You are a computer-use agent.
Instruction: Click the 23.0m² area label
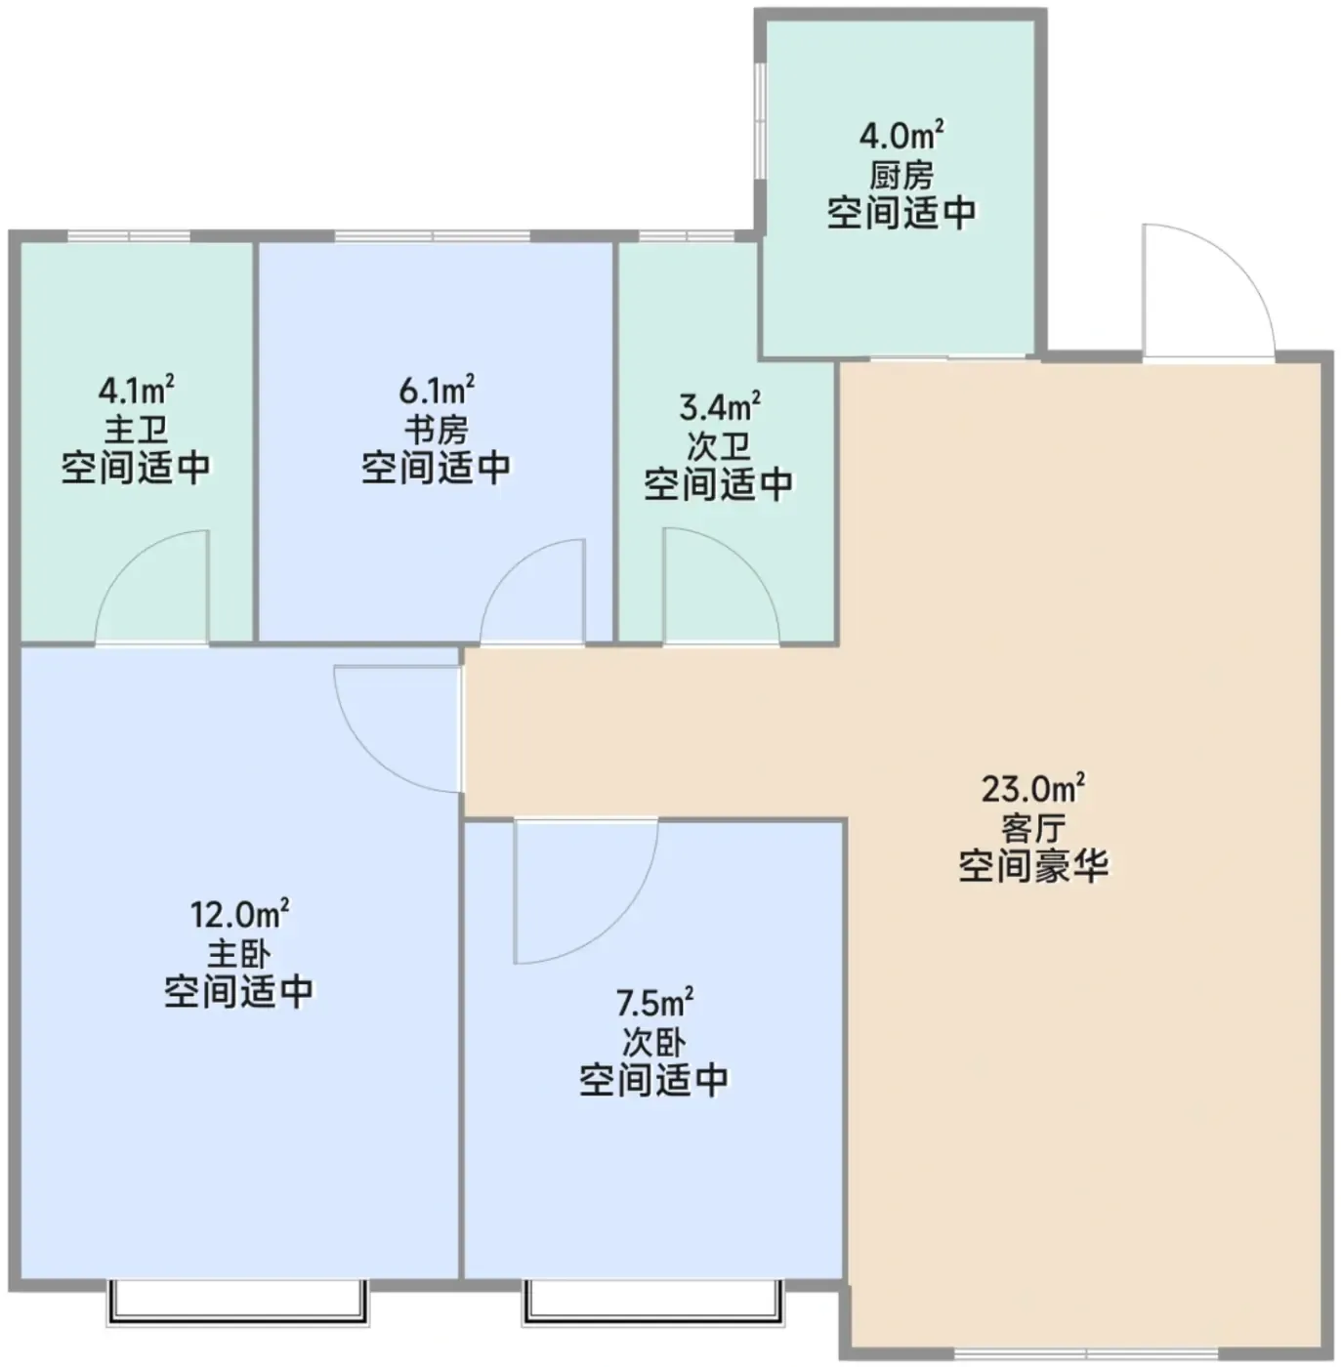(x=1033, y=789)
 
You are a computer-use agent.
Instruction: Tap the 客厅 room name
(x=1033, y=827)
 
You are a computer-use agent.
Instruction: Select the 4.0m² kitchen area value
(x=901, y=136)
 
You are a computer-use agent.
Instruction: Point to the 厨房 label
(x=901, y=175)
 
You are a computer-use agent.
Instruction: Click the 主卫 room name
(x=137, y=430)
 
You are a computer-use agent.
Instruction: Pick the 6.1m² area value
(x=437, y=391)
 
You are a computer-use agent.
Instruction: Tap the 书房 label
(x=437, y=430)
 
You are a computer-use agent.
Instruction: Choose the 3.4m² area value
(x=720, y=408)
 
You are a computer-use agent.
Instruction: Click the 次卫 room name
(x=719, y=446)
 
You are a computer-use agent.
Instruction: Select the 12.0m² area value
(x=239, y=915)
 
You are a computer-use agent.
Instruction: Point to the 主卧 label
(x=239, y=954)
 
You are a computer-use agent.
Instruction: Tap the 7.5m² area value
(x=654, y=1003)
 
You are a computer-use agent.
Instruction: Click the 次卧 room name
(x=654, y=1042)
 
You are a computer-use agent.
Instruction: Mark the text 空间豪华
(x=1033, y=866)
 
